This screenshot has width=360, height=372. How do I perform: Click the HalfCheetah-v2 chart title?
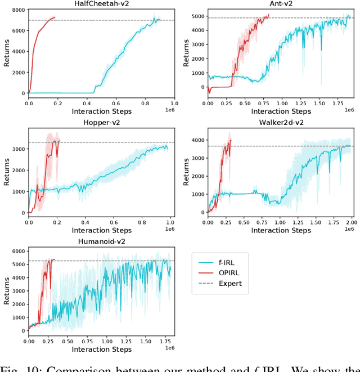pos(101,4)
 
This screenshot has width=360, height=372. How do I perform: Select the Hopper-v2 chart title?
pos(101,122)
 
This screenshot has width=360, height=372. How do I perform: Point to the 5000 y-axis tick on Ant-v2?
pos(198,16)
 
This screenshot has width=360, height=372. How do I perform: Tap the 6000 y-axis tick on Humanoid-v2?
pos(18,251)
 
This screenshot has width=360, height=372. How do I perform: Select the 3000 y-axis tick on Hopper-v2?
pos(18,149)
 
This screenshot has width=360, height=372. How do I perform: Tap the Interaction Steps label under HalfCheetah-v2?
pos(101,111)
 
